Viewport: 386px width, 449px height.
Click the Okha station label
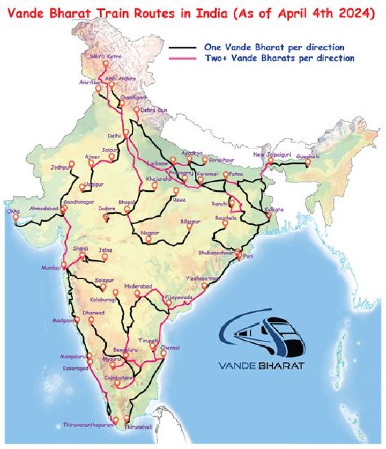12,211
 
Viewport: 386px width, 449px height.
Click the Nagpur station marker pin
149,239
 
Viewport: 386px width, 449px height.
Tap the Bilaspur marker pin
189,227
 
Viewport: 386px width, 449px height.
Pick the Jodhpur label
61,167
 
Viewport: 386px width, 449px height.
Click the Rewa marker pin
175,192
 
